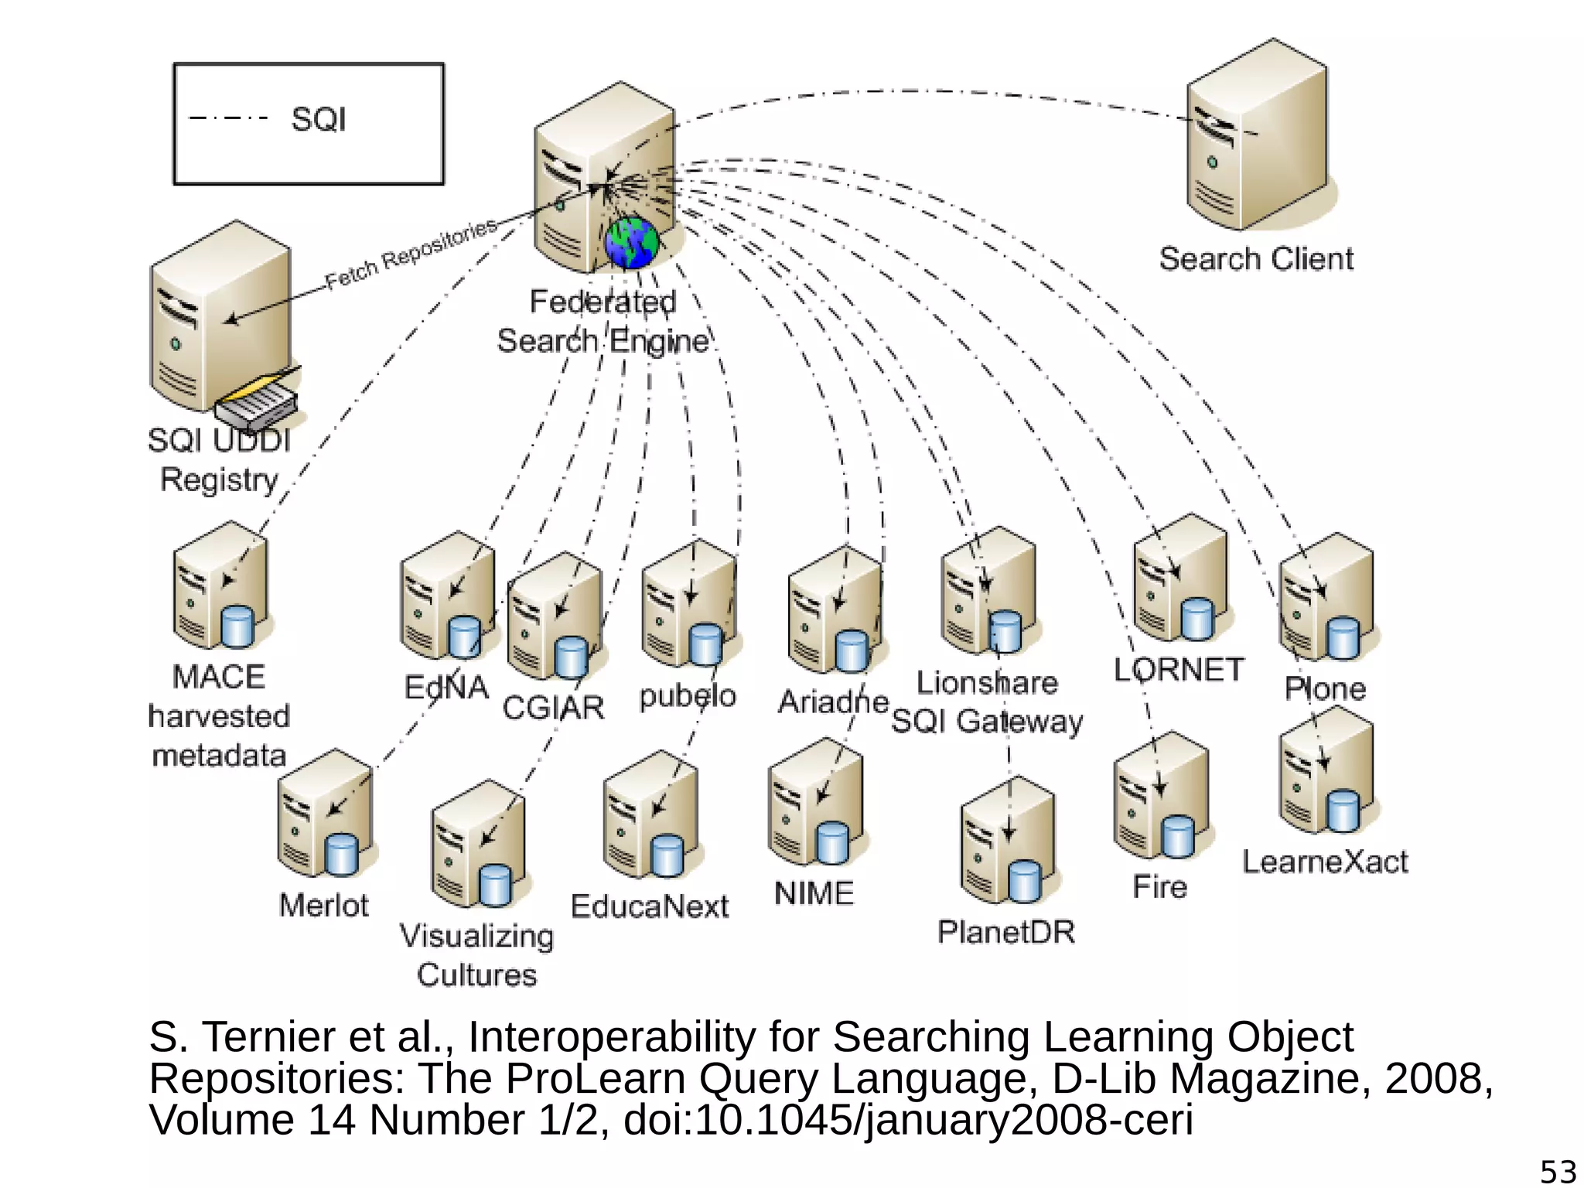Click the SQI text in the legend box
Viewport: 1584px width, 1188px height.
point(318,120)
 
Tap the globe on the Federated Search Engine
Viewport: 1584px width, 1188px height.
point(632,243)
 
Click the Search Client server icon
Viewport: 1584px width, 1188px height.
point(1258,136)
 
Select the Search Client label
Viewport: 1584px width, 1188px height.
point(1256,259)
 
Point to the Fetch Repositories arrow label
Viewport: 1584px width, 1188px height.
point(411,253)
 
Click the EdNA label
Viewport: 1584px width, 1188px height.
point(446,687)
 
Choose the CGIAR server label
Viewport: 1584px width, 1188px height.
point(553,708)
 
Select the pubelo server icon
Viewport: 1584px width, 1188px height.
point(688,603)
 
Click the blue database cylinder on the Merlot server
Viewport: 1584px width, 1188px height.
point(341,855)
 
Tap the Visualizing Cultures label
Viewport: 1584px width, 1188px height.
point(476,955)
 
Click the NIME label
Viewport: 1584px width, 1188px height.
point(814,894)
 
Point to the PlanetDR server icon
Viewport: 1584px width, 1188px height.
point(1007,841)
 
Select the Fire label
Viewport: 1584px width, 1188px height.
point(1159,887)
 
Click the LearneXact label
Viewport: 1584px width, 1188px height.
point(1325,862)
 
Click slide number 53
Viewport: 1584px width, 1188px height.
point(1558,1172)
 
